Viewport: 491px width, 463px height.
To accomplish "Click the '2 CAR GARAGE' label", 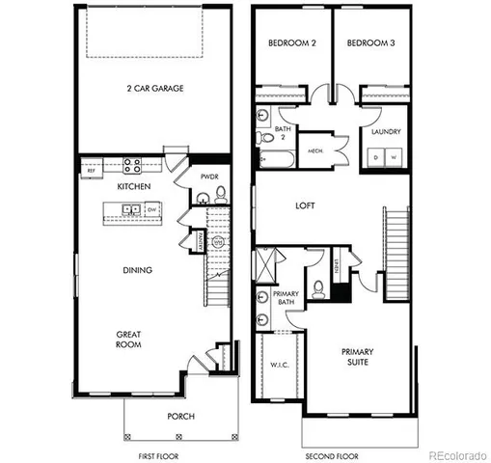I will [154, 89].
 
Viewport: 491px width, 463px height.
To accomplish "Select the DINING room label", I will [137, 270].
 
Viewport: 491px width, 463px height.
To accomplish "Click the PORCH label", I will [179, 416].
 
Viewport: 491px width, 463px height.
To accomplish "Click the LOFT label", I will [306, 205].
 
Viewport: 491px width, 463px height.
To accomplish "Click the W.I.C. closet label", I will [276, 365].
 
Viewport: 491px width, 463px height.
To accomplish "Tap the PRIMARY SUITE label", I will [361, 359].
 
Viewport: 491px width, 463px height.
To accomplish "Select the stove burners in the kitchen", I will [131, 164].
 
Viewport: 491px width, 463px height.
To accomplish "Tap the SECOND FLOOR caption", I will [331, 453].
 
